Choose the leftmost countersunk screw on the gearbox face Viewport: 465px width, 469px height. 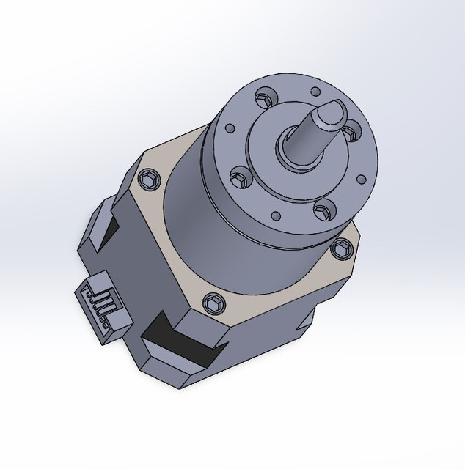(x=238, y=175)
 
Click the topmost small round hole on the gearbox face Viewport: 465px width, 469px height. (x=315, y=92)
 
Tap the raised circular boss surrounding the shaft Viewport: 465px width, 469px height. (x=271, y=176)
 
